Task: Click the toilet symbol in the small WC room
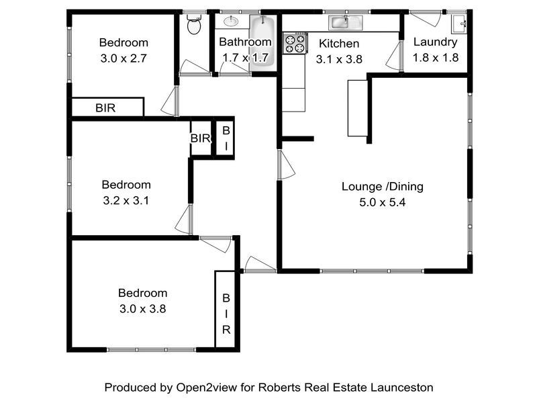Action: click(x=194, y=26)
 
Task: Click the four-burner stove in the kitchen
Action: click(x=294, y=44)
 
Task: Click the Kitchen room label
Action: click(x=335, y=43)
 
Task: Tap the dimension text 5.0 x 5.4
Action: click(x=383, y=202)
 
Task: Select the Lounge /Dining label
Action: click(x=383, y=187)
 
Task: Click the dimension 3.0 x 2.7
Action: click(x=123, y=58)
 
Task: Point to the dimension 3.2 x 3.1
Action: click(x=126, y=200)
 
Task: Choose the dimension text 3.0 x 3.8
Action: click(x=142, y=309)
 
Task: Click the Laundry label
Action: click(x=436, y=42)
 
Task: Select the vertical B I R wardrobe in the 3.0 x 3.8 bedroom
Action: click(x=226, y=310)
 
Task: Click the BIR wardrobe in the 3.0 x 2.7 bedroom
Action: click(x=108, y=107)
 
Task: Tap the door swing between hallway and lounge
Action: click(x=285, y=165)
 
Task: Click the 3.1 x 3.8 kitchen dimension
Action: click(x=340, y=58)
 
